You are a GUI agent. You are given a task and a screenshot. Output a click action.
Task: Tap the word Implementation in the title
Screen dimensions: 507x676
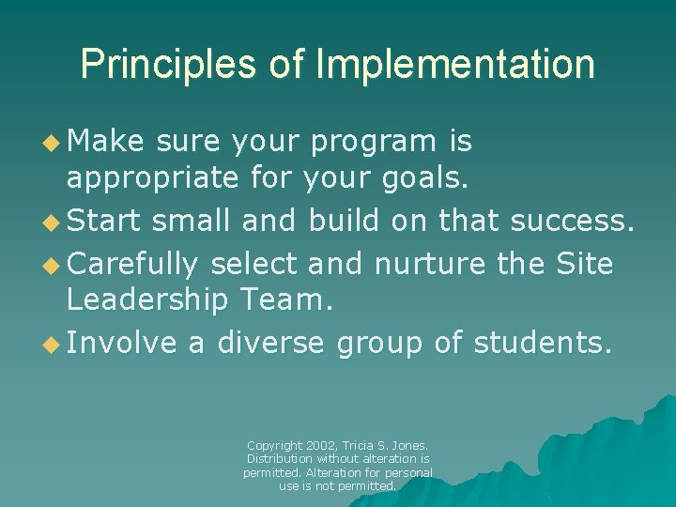(x=455, y=65)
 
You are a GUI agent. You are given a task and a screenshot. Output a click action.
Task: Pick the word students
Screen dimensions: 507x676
(x=543, y=344)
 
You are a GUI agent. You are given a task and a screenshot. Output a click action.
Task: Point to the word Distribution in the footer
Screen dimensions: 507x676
(x=279, y=458)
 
